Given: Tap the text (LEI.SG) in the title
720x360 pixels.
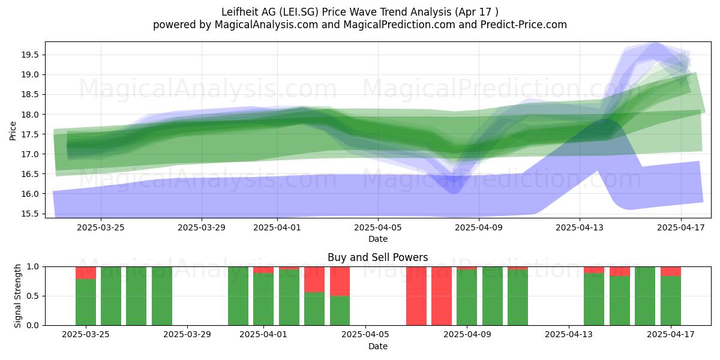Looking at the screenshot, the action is (x=299, y=12).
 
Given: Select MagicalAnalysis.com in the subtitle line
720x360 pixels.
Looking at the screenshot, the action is (x=266, y=25).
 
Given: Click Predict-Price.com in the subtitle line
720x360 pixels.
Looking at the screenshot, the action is (x=524, y=25).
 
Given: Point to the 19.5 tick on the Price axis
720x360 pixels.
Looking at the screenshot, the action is (x=30, y=55).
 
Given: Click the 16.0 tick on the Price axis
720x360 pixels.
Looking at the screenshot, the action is (x=30, y=194).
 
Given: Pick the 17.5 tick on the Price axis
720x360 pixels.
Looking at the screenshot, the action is (x=30, y=134).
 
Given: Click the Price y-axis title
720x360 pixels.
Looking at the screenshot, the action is (x=13, y=131).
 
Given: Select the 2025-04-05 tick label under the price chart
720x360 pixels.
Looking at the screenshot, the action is (x=378, y=227).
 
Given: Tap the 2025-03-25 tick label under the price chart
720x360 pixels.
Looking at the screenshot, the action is (x=101, y=227).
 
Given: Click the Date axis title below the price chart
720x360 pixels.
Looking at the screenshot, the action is (x=378, y=239).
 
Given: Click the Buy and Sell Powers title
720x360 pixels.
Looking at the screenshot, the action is (x=377, y=257).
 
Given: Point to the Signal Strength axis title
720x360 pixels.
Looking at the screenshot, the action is (x=17, y=296).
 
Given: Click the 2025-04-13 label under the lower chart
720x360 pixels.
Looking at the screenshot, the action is (x=569, y=335).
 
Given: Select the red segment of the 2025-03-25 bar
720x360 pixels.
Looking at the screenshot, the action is (x=86, y=273).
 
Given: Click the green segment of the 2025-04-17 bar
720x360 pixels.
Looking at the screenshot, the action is (x=671, y=301).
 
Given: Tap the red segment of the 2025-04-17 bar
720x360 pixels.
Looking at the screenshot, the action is (x=671, y=272).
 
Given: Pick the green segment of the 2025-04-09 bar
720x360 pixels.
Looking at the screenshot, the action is (x=467, y=298).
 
